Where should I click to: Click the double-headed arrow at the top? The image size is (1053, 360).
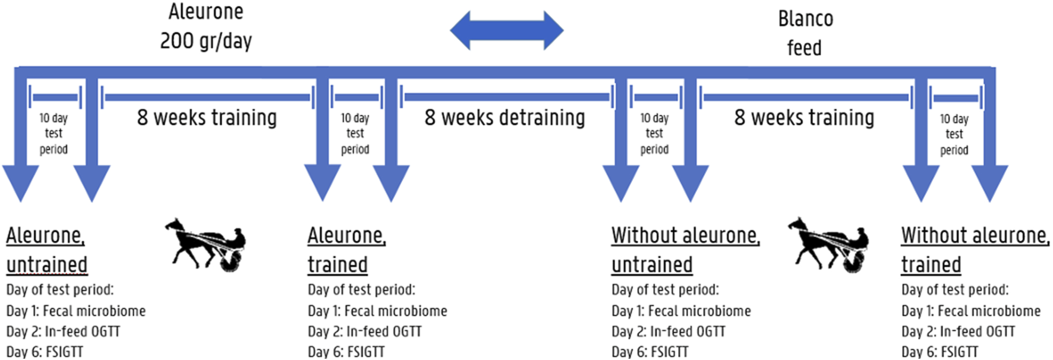[506, 30]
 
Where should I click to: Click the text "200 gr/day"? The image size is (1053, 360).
[206, 41]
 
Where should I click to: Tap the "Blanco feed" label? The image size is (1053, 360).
[805, 33]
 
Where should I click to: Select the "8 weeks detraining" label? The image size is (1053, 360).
[505, 118]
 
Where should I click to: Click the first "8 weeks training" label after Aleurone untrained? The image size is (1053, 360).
[207, 118]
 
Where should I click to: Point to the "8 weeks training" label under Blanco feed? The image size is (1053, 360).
[804, 118]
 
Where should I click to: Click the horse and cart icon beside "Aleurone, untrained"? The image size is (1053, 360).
[206, 244]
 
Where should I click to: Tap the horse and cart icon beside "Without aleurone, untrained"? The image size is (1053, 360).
[828, 244]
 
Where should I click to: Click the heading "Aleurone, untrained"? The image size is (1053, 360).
[46, 250]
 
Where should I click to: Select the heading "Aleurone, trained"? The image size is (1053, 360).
[346, 250]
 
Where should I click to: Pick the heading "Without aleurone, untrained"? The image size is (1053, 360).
[685, 250]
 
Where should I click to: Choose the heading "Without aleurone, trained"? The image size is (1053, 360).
[975, 250]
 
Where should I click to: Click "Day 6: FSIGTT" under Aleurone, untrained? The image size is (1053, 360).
[45, 352]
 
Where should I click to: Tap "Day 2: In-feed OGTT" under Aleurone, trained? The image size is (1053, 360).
[364, 331]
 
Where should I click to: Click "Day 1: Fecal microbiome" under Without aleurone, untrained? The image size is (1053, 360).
[681, 311]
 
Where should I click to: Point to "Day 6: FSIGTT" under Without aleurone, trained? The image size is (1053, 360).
[939, 352]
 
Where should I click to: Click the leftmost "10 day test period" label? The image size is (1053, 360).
[53, 134]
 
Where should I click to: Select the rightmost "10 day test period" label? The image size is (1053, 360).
[954, 134]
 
